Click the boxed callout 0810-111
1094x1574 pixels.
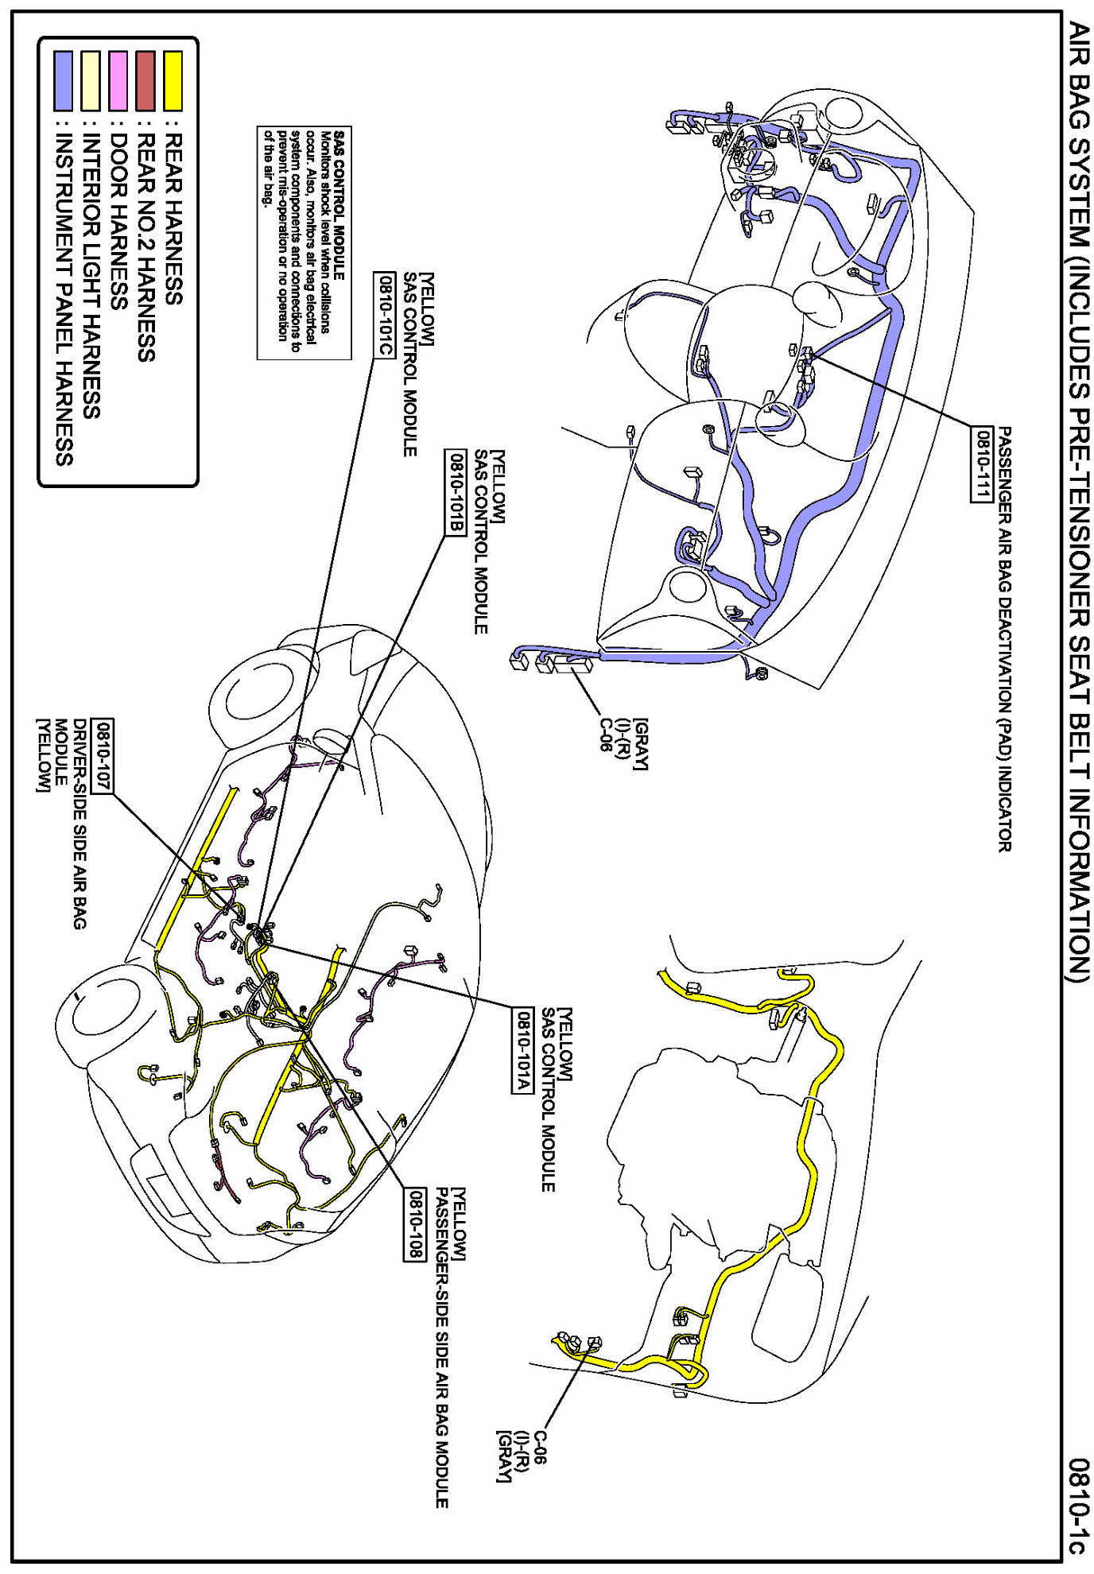[982, 464]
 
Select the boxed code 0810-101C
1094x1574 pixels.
[384, 315]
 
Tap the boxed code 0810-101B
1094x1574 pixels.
[456, 493]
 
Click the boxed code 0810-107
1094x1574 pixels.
[103, 756]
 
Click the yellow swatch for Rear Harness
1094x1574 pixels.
[173, 80]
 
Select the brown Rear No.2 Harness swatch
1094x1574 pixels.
[145, 80]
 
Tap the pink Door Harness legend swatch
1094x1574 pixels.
[118, 80]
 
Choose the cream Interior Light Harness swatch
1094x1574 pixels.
[91, 80]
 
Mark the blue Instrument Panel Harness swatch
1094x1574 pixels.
[64, 80]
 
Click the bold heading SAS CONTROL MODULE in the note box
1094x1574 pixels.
[339, 205]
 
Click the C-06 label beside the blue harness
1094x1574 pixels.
[606, 735]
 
